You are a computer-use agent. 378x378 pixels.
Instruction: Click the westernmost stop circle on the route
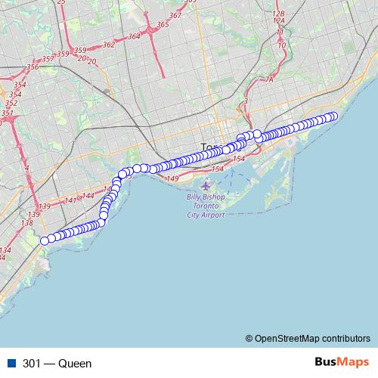[x=45, y=240]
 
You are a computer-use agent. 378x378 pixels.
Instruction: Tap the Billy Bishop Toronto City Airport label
[x=206, y=206]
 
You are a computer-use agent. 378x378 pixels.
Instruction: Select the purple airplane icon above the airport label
[x=206, y=185]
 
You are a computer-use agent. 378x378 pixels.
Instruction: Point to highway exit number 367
[x=175, y=16]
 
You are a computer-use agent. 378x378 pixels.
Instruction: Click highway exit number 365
[x=163, y=25]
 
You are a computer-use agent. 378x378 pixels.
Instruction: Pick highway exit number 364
[x=135, y=36]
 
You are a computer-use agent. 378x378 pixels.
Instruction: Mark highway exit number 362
[x=108, y=45]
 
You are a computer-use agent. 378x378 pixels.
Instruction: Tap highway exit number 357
[x=47, y=58]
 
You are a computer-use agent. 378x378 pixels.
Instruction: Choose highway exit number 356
[x=32, y=67]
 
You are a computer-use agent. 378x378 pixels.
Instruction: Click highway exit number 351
[x=7, y=113]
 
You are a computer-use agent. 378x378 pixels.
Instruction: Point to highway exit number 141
[x=70, y=200]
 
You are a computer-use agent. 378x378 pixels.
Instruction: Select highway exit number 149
[x=172, y=178]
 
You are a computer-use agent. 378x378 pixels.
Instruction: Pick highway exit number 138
[x=27, y=223]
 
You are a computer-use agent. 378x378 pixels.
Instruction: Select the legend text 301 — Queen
[x=57, y=364]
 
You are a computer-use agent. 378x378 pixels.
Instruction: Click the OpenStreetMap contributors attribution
[x=311, y=338]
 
